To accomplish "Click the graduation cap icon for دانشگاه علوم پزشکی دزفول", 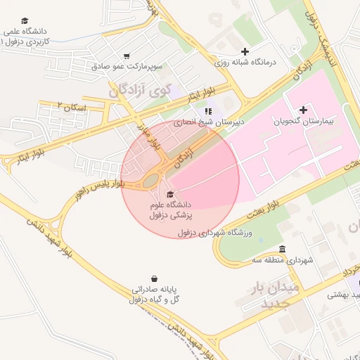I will [x=169, y=194].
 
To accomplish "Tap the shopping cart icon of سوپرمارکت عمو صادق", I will [x=126, y=56].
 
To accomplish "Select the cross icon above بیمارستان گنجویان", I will [x=303, y=110].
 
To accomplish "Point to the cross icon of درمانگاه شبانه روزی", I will [x=245, y=51].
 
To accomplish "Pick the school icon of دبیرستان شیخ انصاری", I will [x=207, y=111].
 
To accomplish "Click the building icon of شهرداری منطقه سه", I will [x=282, y=250].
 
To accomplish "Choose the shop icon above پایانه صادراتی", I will [x=154, y=278].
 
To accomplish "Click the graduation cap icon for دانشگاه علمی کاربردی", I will [x=25, y=21].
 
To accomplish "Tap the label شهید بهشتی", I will [x=344, y=295].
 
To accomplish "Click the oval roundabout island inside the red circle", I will [x=151, y=181].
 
